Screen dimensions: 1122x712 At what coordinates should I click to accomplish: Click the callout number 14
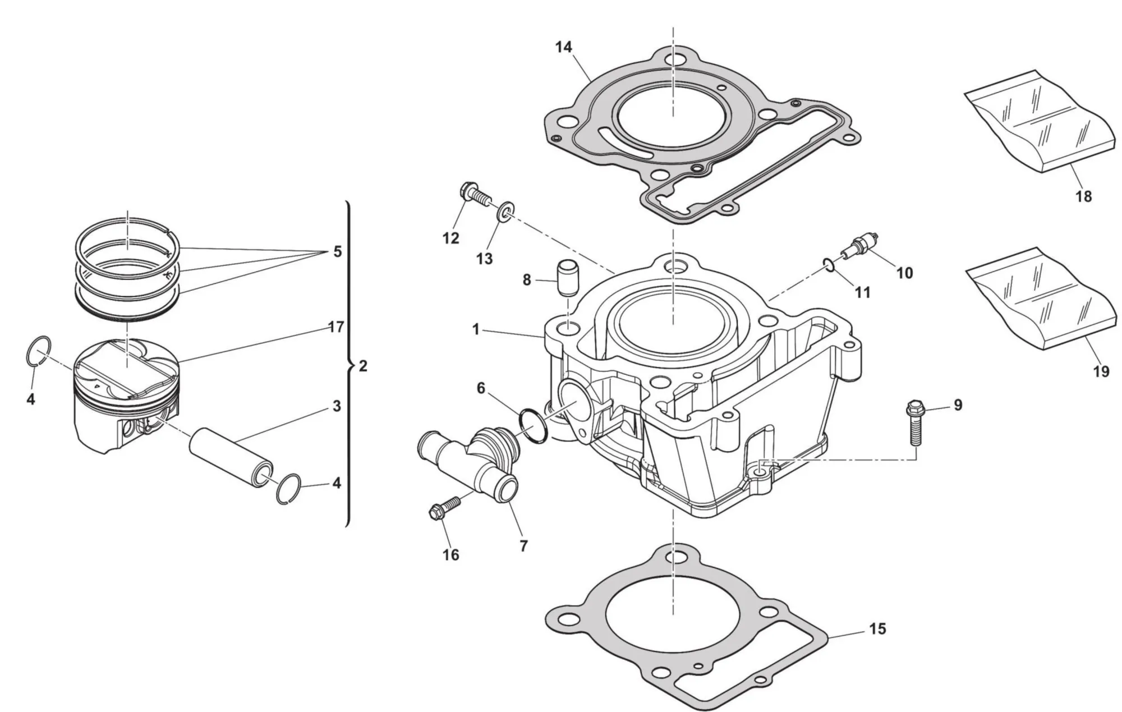(x=563, y=47)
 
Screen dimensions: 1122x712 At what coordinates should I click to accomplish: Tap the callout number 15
(x=877, y=629)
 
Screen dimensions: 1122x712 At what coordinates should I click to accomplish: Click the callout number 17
(x=335, y=327)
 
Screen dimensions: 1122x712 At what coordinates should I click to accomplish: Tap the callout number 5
(x=337, y=252)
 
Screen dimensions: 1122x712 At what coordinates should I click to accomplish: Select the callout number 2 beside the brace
(x=363, y=366)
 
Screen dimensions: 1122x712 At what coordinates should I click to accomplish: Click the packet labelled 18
(x=1038, y=121)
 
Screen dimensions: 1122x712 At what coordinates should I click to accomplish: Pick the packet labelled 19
(x=1040, y=298)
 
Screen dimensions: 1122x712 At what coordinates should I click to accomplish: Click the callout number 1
(x=476, y=330)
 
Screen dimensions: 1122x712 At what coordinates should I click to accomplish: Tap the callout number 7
(x=523, y=545)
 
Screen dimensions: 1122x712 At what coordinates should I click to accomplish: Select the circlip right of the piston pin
(x=291, y=489)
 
